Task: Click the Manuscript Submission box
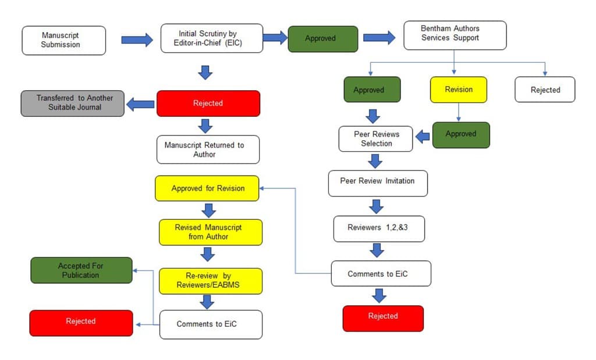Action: pos(64,40)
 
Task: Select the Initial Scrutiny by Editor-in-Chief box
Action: pos(212,38)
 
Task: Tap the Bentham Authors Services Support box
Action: pos(455,35)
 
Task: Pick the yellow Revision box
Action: pos(458,90)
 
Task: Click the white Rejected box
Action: pos(545,90)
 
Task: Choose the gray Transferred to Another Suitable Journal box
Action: pos(73,103)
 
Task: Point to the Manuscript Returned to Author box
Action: pos(208,149)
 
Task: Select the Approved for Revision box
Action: pos(207,188)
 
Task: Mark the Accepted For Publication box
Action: pos(81,270)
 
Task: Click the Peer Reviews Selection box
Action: pos(376,138)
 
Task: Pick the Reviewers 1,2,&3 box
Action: pos(379,229)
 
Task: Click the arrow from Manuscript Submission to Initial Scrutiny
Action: pos(137,40)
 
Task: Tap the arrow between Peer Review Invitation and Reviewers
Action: pos(377,206)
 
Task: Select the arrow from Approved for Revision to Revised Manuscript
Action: pos(207,210)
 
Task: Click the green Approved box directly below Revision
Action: pos(460,134)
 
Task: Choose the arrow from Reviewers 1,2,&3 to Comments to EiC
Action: pos(378,250)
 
